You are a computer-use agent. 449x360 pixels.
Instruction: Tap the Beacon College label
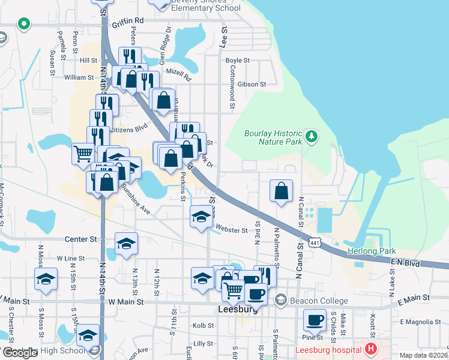(x=318, y=301)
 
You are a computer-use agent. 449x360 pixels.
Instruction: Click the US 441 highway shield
(x=316, y=241)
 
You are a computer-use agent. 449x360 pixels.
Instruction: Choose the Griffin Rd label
(x=128, y=20)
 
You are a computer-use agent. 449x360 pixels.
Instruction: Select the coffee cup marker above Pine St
(x=315, y=320)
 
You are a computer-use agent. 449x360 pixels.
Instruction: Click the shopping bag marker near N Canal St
(x=281, y=191)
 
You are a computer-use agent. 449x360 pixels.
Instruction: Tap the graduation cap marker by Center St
(x=126, y=244)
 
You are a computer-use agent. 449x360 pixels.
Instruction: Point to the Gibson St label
(x=251, y=84)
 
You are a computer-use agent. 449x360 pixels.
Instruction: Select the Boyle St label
(x=237, y=61)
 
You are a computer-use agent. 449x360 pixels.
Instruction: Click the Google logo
(x=20, y=353)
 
